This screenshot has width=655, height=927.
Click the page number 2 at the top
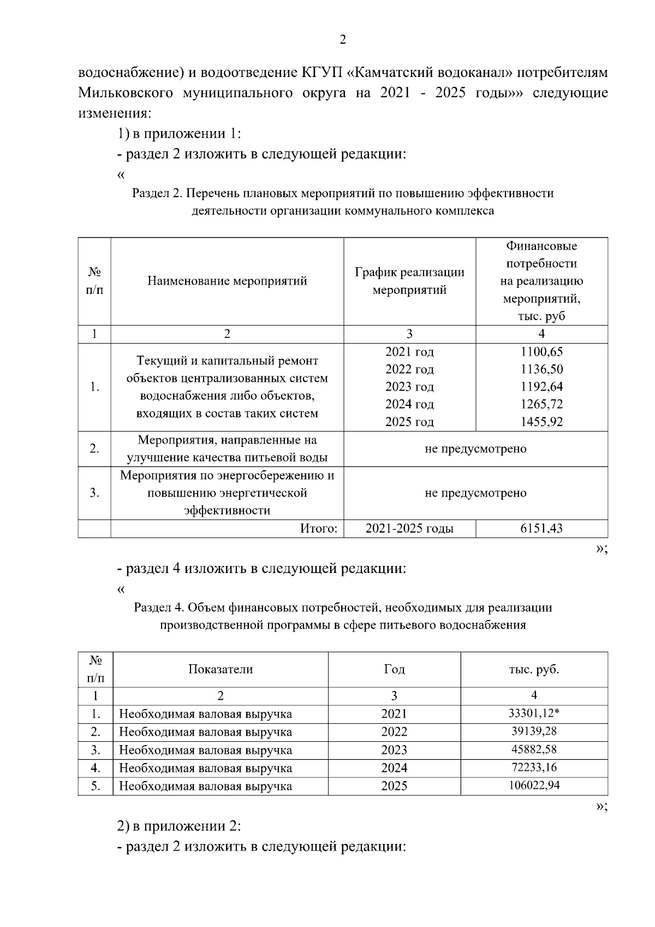tap(342, 39)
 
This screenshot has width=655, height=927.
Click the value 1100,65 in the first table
tap(541, 352)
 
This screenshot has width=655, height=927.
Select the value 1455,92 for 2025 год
tap(541, 422)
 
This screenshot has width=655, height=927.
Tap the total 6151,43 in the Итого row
tap(541, 528)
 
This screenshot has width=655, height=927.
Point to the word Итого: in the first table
tap(319, 528)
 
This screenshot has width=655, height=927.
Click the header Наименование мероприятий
tap(227, 281)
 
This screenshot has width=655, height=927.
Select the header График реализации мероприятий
tap(409, 281)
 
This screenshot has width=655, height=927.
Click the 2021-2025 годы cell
tap(409, 528)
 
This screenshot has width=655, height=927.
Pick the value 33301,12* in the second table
tap(534, 713)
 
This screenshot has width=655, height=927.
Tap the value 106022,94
tap(534, 786)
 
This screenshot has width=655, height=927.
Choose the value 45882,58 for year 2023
tap(534, 749)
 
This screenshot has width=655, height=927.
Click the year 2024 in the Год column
tap(394, 768)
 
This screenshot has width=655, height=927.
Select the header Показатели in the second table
tap(221, 669)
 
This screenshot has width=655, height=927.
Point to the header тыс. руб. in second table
tap(534, 669)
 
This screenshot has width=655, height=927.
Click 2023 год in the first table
tap(409, 387)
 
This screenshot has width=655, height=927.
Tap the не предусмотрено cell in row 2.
tap(475, 449)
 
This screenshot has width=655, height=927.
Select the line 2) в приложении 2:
tap(180, 826)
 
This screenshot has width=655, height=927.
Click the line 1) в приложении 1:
tap(180, 134)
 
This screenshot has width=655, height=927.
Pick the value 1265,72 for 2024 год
tap(541, 404)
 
